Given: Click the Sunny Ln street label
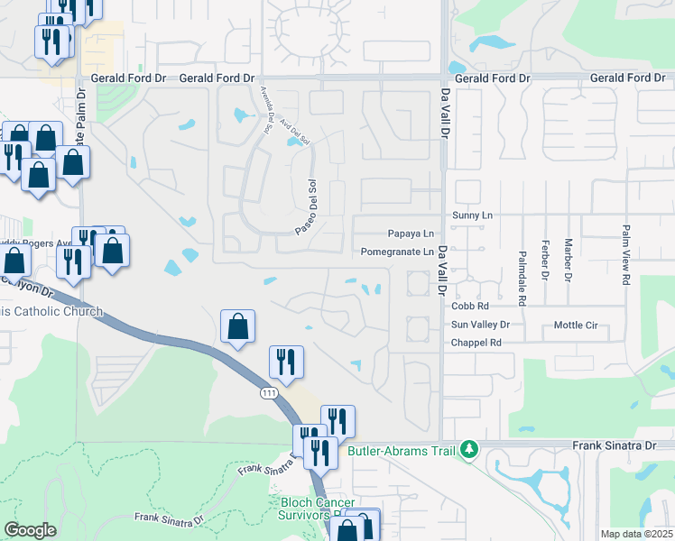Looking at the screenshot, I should (x=475, y=215).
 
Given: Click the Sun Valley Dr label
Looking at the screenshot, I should (x=480, y=325).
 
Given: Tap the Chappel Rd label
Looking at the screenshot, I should (x=476, y=343).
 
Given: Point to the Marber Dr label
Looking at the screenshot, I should (x=568, y=258).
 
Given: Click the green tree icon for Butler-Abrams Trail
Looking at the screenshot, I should (x=467, y=448).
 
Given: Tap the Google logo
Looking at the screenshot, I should (x=30, y=530).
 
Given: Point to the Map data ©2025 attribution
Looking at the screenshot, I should (x=636, y=534).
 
